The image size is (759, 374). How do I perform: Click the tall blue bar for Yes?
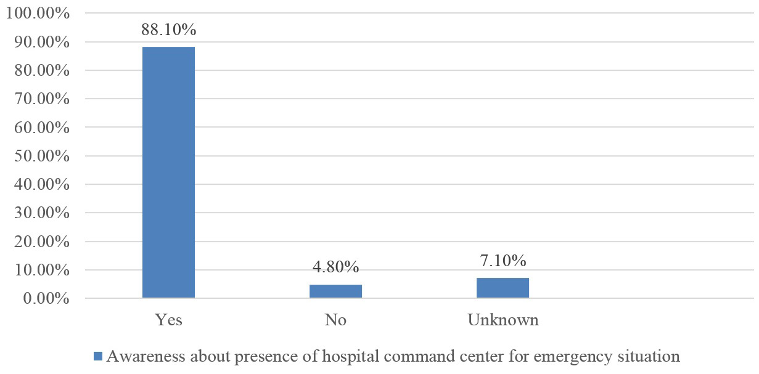click(168, 173)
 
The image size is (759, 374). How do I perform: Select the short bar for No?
click(335, 291)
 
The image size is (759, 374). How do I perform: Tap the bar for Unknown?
click(503, 288)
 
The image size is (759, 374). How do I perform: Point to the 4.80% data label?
click(335, 267)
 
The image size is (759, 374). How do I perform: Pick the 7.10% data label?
click(503, 261)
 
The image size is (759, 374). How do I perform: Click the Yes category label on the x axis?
click(168, 320)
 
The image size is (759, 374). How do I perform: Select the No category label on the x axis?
click(335, 320)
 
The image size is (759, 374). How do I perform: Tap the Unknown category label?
click(503, 320)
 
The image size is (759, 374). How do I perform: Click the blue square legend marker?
click(98, 356)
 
